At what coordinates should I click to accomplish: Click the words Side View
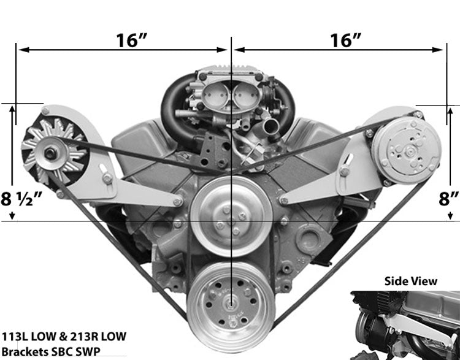pos(411,281)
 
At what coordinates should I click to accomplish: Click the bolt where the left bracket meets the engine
pos(177,202)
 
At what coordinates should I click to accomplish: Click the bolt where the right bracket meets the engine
pos(284,200)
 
